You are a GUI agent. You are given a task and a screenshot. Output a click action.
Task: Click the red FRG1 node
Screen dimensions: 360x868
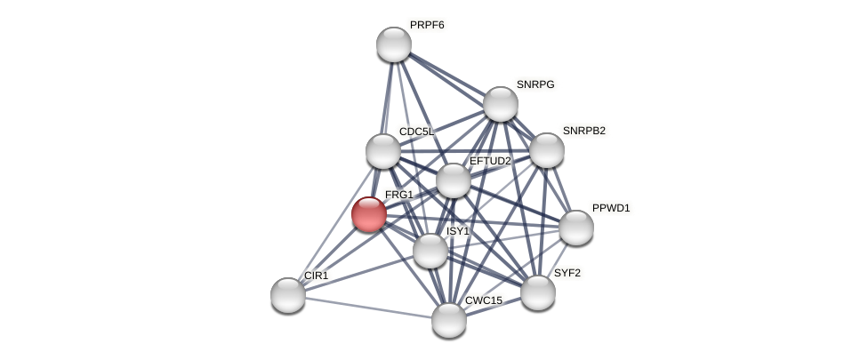369,214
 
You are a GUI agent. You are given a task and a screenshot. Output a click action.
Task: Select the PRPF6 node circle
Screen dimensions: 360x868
394,44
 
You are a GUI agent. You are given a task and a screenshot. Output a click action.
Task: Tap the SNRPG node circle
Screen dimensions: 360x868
501,104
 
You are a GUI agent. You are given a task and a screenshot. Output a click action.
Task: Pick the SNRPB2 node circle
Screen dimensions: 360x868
547,150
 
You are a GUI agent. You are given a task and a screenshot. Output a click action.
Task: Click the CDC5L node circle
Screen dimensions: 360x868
383,151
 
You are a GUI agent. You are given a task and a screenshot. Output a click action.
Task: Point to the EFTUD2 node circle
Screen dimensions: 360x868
454,180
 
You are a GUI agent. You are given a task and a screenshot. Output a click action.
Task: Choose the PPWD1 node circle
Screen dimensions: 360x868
576,228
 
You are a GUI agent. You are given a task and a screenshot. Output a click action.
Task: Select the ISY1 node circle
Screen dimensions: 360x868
430,251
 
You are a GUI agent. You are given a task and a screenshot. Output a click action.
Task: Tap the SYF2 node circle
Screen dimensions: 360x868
538,292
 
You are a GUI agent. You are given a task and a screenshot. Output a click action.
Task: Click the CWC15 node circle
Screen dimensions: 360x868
449,320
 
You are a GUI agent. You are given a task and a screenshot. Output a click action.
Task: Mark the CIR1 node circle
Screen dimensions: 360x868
288,295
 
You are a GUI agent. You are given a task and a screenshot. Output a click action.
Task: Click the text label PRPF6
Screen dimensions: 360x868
427,25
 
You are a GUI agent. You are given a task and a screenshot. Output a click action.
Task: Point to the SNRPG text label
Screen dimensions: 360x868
535,84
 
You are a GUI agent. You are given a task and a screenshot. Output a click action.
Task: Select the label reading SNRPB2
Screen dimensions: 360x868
583,131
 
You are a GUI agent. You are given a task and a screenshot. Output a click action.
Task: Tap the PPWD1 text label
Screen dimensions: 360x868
611,208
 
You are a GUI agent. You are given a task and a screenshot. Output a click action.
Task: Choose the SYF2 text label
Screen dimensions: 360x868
567,273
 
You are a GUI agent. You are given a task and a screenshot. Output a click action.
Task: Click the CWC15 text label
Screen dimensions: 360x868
484,300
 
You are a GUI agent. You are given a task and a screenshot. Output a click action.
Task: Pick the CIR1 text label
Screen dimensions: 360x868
316,276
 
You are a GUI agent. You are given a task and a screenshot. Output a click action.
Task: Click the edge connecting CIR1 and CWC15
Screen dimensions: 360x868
368,308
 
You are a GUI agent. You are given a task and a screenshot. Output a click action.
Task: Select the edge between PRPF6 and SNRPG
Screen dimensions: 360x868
447,74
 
